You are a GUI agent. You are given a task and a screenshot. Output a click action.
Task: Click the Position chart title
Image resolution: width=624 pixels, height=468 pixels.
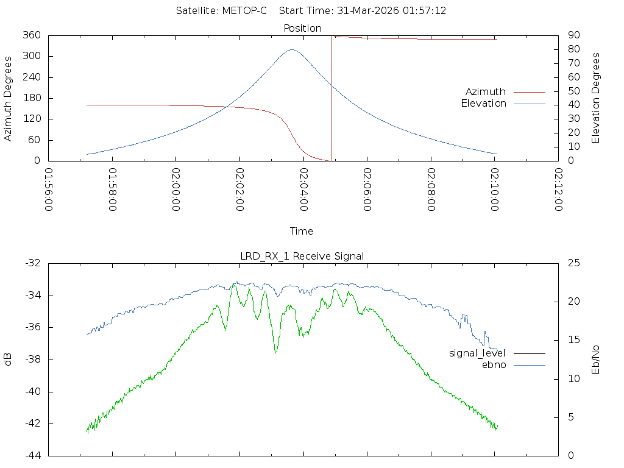(303, 28)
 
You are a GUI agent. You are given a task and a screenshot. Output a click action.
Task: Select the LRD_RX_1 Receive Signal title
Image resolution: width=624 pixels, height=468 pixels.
(302, 256)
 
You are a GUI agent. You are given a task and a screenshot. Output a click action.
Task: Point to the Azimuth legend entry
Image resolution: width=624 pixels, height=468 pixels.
(486, 92)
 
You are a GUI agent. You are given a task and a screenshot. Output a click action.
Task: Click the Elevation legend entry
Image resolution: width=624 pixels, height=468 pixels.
(483, 104)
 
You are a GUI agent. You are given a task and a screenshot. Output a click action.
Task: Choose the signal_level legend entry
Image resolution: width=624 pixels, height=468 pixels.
(477, 353)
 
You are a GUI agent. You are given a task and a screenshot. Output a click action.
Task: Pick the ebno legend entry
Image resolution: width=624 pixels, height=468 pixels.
(494, 364)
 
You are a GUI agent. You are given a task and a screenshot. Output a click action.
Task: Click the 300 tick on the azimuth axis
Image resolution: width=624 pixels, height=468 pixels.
(38, 56)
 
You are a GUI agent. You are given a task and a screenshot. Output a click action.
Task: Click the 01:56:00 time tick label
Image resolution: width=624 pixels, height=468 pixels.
(49, 190)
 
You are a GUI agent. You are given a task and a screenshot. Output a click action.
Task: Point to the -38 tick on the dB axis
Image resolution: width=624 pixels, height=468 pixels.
(34, 360)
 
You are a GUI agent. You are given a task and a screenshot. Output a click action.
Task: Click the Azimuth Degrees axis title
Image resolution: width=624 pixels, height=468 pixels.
(9, 98)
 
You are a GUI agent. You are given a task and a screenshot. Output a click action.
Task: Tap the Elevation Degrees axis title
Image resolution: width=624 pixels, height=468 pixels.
(596, 98)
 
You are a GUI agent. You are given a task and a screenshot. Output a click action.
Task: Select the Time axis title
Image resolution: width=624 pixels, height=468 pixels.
(302, 231)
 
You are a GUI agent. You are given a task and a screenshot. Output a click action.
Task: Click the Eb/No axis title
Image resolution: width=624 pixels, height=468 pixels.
(596, 360)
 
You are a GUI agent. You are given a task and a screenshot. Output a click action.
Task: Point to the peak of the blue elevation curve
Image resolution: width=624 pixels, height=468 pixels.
(292, 49)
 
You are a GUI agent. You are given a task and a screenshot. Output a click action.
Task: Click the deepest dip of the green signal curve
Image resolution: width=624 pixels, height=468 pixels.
(276, 352)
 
